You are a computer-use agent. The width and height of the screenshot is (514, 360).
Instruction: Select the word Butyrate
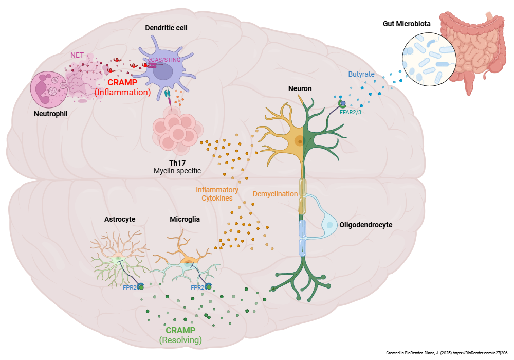361,74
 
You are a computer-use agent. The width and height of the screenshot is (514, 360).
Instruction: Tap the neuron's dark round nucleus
299,140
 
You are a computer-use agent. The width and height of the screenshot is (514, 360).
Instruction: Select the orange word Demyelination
275,194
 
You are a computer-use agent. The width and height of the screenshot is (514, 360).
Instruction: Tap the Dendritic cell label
166,28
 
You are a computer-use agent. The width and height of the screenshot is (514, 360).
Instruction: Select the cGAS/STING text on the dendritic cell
164,60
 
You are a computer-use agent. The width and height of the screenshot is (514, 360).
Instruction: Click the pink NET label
77,55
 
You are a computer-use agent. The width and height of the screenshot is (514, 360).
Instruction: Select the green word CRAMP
180,330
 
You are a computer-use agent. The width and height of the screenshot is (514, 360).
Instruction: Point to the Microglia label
185,219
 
